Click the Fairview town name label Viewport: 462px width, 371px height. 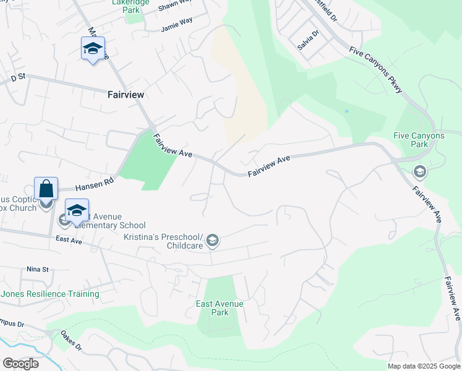[125, 95]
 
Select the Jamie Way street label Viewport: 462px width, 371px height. [177, 28]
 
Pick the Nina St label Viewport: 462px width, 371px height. [37, 270]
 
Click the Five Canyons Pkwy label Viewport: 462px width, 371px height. [376, 70]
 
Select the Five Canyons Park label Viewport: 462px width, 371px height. [419, 140]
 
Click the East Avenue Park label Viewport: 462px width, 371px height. [219, 308]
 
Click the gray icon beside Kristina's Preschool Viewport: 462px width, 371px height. [212, 240]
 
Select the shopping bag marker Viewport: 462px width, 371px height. [46, 189]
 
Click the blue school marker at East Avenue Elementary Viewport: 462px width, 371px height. [77, 210]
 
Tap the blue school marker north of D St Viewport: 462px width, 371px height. [93, 48]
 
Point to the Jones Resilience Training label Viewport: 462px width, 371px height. [41, 294]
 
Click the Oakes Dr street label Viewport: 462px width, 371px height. [70, 340]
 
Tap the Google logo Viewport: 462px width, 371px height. [20, 364]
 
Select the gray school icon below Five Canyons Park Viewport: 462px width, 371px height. [419, 171]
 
